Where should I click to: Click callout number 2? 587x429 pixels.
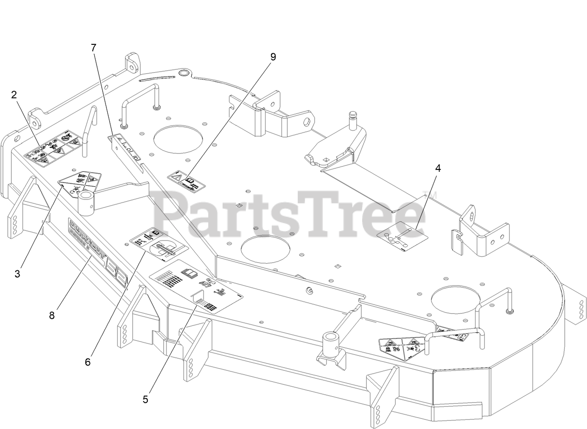(14, 95)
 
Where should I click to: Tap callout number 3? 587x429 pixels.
(17, 274)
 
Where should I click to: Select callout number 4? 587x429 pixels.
(437, 169)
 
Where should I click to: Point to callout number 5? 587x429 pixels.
(146, 399)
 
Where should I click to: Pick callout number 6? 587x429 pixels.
(88, 362)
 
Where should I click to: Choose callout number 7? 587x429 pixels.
(94, 48)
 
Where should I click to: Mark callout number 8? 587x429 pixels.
(51, 315)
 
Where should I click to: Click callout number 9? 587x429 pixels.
(273, 56)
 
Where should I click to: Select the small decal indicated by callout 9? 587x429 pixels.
(187, 180)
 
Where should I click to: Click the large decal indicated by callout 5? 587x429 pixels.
(196, 285)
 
